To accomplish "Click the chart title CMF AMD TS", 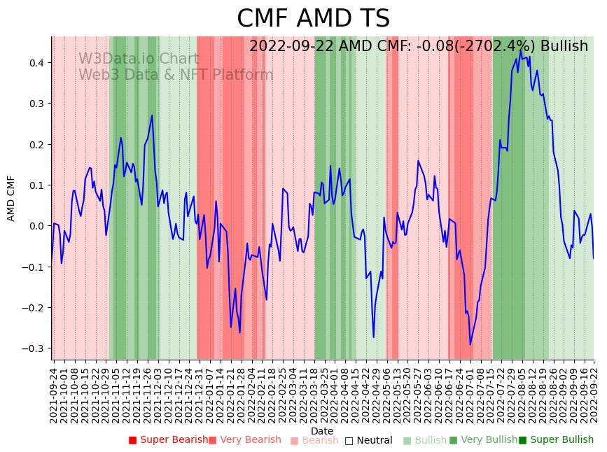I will pyautogui.click(x=313, y=19).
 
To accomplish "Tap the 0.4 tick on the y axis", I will pyautogui.click(x=36, y=63).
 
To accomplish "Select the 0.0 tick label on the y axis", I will pyautogui.click(x=36, y=226).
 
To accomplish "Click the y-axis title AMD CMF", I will pyautogui.click(x=11, y=199).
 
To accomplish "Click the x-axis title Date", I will pyautogui.click(x=322, y=431).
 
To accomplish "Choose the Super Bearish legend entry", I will pyautogui.click(x=168, y=440).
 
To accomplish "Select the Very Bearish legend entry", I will pyautogui.click(x=244, y=440).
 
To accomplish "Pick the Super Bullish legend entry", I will pyautogui.click(x=556, y=440).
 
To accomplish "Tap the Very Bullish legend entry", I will pyautogui.click(x=483, y=440).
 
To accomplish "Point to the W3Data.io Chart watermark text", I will pyautogui.click(x=139, y=59).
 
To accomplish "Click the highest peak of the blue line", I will pyautogui.click(x=520, y=50).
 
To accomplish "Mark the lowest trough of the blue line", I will pyautogui.click(x=470, y=344).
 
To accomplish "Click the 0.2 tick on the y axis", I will pyautogui.click(x=36, y=145).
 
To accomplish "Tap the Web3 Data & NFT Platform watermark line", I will pyautogui.click(x=176, y=75).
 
